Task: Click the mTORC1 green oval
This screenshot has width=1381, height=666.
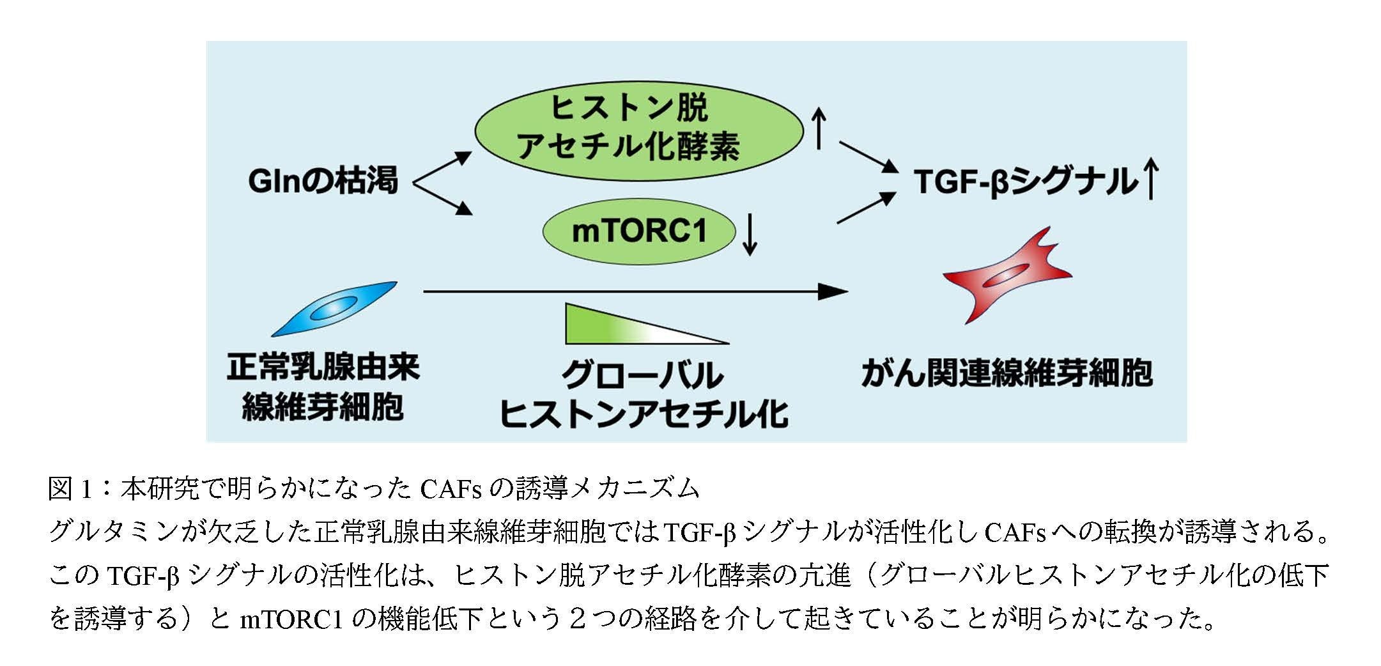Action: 639,231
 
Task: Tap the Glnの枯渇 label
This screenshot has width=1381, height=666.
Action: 323,181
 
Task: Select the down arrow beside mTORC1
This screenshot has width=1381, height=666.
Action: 751,235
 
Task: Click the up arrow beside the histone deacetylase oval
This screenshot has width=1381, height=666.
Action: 820,128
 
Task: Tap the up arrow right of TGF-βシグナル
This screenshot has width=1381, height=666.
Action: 1150,180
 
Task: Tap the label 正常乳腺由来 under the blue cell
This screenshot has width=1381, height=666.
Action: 323,368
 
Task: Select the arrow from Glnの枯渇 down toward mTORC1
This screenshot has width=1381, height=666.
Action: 444,199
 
